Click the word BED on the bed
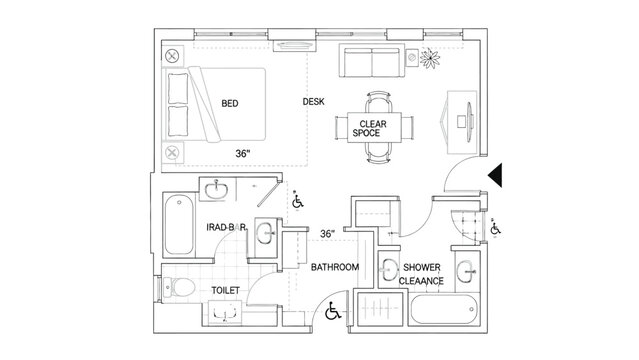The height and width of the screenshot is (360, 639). click(229, 103)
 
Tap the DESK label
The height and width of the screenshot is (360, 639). click(315, 102)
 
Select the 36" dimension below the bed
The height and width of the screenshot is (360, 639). click(242, 154)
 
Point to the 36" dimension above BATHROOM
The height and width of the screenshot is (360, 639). click(326, 234)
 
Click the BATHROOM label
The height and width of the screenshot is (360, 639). click(334, 268)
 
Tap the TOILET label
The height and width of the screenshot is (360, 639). click(225, 290)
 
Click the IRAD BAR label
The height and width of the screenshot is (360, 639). click(226, 228)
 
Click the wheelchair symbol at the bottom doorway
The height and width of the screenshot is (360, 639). click(333, 313)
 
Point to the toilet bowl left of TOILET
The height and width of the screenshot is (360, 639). click(178, 289)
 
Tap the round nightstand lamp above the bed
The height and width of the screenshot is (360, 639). click(173, 56)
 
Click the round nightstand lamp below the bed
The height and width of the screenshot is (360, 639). click(173, 153)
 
